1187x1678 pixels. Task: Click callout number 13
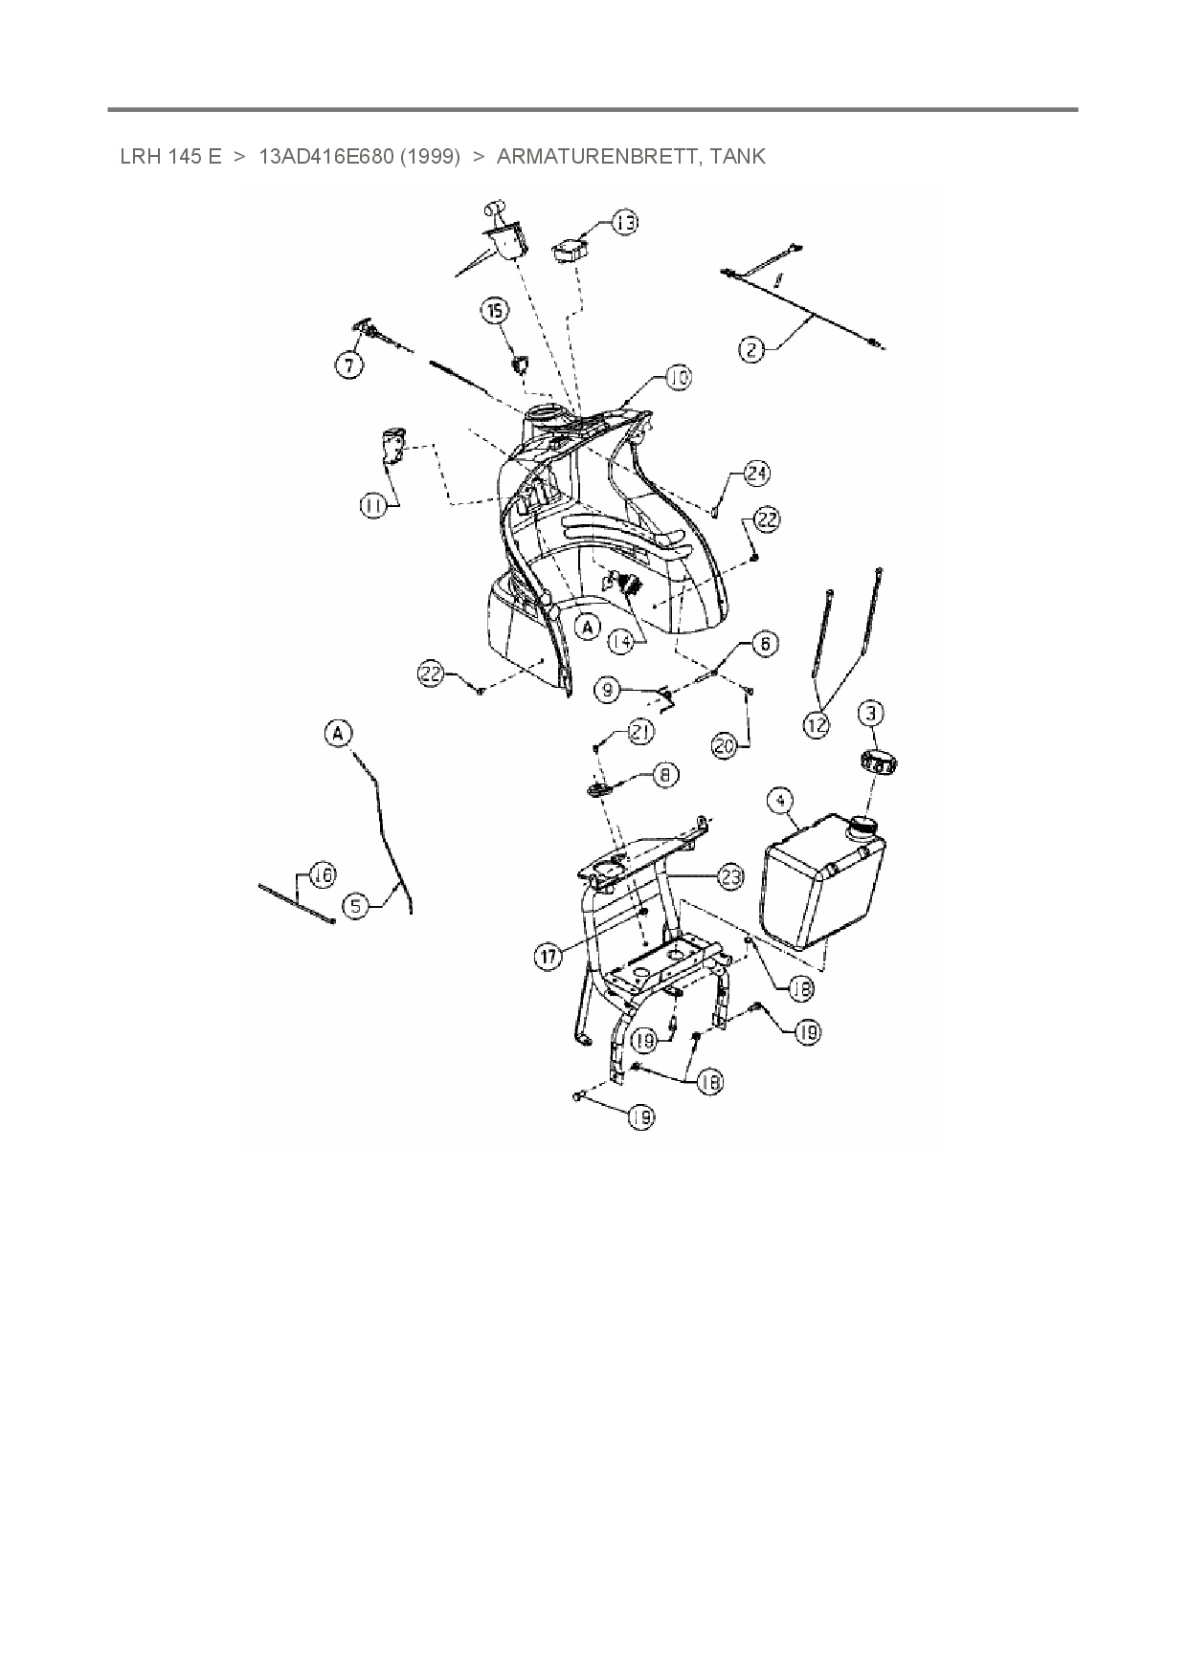tap(624, 223)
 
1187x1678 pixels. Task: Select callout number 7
tap(349, 364)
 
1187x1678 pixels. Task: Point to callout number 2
tap(752, 350)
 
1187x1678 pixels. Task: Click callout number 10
tap(678, 378)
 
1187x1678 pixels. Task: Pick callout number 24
tap(756, 473)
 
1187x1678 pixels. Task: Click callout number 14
tap(621, 641)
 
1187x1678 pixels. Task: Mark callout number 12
tap(817, 726)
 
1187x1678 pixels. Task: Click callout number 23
tap(731, 877)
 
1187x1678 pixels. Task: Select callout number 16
tap(323, 874)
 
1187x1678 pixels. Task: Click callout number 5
tap(356, 905)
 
